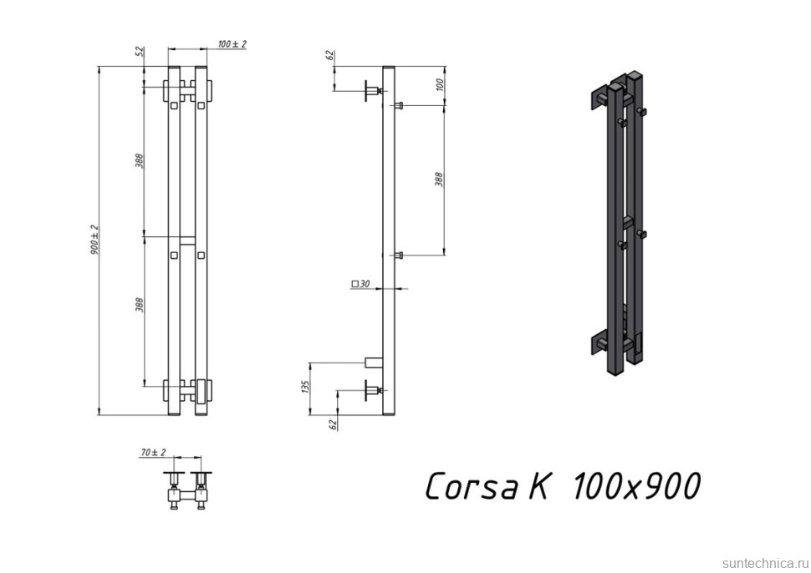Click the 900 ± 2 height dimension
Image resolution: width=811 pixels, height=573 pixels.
click(95, 240)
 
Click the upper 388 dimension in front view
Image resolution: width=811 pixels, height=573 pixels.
click(140, 160)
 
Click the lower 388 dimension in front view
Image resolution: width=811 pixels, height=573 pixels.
click(140, 307)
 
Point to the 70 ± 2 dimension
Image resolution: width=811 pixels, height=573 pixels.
click(153, 452)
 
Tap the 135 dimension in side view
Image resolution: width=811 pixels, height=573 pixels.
click(306, 387)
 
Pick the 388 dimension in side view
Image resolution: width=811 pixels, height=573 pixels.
click(439, 179)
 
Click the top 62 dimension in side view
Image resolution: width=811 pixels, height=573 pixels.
click(330, 56)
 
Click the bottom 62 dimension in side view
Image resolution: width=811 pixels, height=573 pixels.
click(332, 423)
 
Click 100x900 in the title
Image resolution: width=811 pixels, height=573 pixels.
click(635, 485)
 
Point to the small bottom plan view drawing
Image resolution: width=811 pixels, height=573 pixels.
click(186, 488)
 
